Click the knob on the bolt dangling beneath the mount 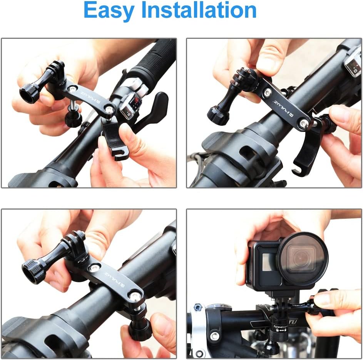coord(73,119)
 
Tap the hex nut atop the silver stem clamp coord(198,308)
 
